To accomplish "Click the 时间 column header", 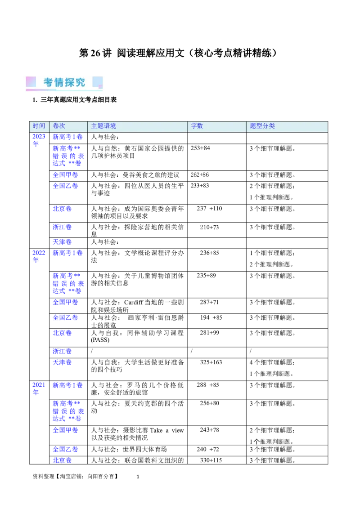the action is (x=39, y=126).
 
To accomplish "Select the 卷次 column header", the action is (x=59, y=126).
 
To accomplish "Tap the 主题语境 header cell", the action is (x=103, y=126).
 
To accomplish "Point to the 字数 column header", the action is (x=197, y=126).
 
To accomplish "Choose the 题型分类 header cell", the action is (x=262, y=126).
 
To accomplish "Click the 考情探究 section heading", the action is (x=64, y=82).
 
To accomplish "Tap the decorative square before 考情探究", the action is (x=31, y=82).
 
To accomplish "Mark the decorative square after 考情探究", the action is (x=98, y=82).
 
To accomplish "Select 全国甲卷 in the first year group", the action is (x=65, y=175).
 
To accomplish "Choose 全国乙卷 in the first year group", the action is (x=65, y=186).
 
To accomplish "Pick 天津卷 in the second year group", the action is (x=62, y=362).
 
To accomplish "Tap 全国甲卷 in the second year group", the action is (x=65, y=302).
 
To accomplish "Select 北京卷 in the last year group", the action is (x=62, y=460).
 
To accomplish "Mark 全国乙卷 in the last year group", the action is (x=65, y=449).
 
